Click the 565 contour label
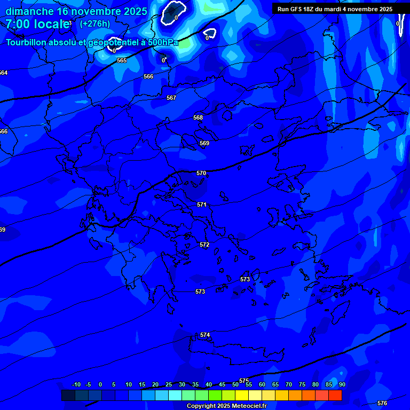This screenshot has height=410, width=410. click(122, 60)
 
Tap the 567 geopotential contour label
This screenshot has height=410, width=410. click(171, 98)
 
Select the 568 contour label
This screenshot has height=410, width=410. click(198, 117)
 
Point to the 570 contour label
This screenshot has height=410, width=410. click(201, 173)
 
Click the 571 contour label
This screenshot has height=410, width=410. click(201, 204)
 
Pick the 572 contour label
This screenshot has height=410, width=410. click(204, 245)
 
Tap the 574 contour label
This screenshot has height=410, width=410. click(205, 335)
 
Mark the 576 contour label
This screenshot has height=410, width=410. click(382, 403)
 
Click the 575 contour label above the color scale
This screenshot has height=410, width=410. click(244, 381)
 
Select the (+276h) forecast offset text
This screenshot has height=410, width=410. click(95, 23)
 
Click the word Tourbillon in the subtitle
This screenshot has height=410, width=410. click(26, 43)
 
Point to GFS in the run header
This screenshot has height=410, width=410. click(297, 9)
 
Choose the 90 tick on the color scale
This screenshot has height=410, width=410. click(342, 384)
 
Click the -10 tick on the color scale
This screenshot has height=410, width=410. click(76, 384)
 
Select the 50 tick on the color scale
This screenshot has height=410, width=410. click(235, 384)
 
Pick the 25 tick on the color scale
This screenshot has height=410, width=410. click(169, 384)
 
